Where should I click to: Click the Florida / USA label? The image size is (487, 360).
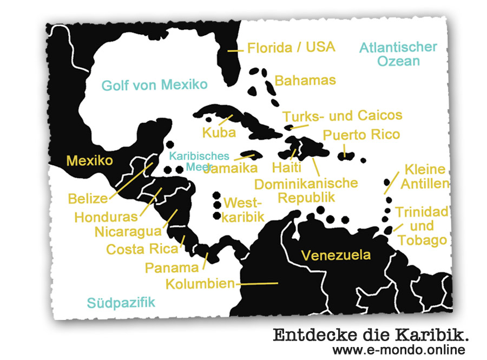[291, 48]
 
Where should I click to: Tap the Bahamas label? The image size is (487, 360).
[305, 81]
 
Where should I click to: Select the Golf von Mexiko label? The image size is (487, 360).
[154, 85]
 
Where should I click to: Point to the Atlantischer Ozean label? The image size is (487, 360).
[398, 54]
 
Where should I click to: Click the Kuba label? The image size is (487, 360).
[219, 133]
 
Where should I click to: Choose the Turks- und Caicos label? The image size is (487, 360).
[343, 116]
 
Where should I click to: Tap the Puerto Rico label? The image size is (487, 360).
[361, 135]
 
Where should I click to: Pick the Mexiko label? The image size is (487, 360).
[89, 161]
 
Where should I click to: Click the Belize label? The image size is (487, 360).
[88, 199]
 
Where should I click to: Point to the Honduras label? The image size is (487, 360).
[106, 217]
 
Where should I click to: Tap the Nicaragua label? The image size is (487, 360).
[128, 232]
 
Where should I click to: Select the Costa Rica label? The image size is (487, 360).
[142, 250]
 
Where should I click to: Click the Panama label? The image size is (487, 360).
[172, 267]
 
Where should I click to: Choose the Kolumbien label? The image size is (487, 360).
[200, 284]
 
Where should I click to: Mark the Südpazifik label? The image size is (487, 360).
[121, 302]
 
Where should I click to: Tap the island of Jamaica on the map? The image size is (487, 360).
[248, 155]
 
